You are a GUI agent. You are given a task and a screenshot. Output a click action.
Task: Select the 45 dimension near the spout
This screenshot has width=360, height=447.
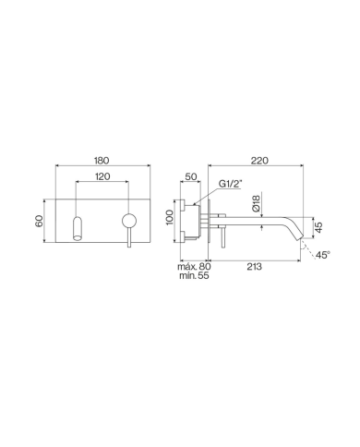tap(318, 227)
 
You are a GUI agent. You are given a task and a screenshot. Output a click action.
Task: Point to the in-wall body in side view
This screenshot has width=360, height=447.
tap(194, 223)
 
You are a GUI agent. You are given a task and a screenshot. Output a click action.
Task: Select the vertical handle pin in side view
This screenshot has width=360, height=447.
tap(220, 232)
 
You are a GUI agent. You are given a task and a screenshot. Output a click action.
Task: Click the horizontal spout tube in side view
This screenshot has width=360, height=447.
tap(254, 221)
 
